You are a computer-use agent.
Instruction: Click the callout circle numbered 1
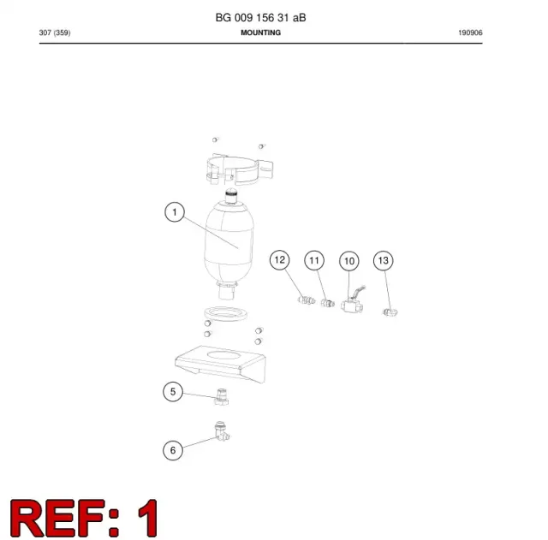coord(175,212)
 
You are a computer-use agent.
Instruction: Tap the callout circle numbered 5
coord(173,392)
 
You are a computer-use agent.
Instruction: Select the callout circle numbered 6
coord(173,450)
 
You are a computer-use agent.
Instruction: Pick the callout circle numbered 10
coord(349,261)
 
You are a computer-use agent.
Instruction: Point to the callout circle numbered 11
coord(314,260)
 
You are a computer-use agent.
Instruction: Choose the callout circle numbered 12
coord(280,260)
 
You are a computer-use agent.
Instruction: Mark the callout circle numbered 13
coord(384,260)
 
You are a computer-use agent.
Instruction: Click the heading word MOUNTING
coord(260,33)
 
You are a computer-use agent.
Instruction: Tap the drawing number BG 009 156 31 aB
coord(260,17)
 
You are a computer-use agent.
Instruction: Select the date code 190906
coord(470,33)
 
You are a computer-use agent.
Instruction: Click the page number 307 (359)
coord(55,33)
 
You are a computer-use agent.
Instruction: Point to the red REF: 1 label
coord(84,518)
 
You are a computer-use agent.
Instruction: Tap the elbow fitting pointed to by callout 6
coord(222,431)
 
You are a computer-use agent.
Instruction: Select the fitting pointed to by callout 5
coord(221,397)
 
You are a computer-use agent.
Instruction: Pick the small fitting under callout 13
coord(390,312)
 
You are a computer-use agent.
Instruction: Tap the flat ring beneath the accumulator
coord(225,314)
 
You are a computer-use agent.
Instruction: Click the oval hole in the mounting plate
coord(224,355)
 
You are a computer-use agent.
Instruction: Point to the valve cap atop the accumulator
coord(230,196)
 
